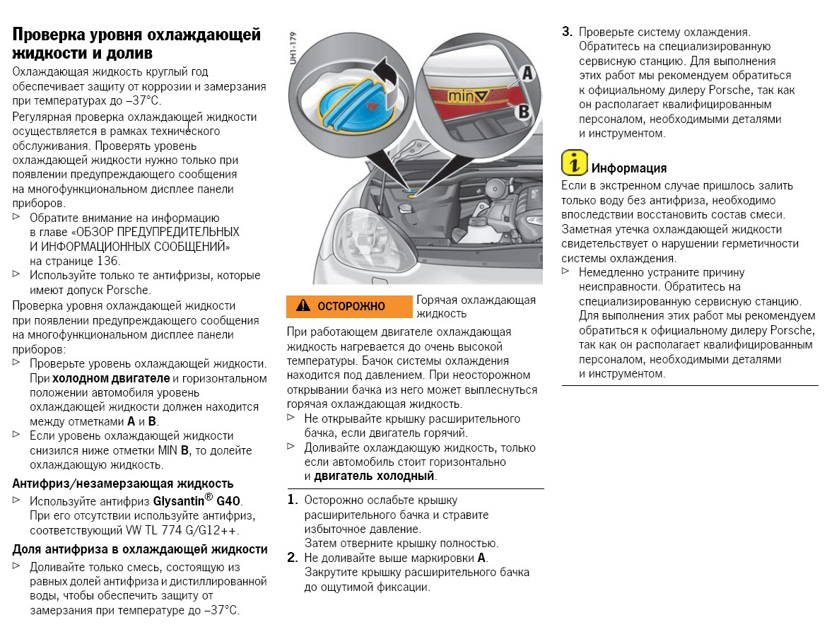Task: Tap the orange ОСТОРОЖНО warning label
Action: (x=348, y=306)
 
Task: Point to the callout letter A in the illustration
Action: (x=527, y=72)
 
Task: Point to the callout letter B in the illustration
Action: (x=524, y=111)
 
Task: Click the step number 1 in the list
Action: (x=292, y=500)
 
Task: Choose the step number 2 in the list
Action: (x=292, y=558)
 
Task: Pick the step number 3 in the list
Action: (x=567, y=32)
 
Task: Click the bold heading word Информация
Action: (x=628, y=168)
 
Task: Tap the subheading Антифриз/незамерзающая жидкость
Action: (x=123, y=484)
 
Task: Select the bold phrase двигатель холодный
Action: (x=374, y=476)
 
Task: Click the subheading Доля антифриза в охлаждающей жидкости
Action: (x=140, y=549)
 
